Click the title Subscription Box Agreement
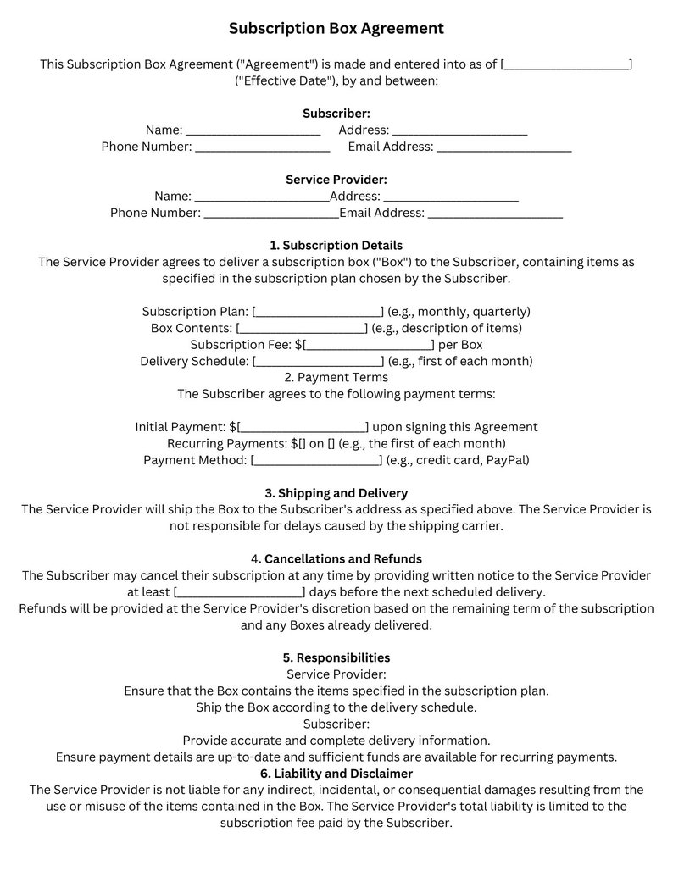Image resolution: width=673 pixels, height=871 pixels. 336,29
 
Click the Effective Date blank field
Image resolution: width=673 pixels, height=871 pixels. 566,64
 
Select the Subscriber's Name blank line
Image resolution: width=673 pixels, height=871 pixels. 253,130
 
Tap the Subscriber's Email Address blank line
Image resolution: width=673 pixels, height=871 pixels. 503,147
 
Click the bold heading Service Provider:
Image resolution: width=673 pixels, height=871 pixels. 336,180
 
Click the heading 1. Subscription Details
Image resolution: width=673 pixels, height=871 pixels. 336,246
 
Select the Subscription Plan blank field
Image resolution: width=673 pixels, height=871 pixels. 318,312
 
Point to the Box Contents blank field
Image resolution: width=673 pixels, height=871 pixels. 302,329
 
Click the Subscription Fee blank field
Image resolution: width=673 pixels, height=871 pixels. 370,345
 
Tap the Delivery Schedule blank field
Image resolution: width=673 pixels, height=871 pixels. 318,362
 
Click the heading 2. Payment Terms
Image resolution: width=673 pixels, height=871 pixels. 336,378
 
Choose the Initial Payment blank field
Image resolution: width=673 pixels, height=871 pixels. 303,428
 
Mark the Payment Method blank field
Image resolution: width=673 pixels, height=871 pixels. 316,461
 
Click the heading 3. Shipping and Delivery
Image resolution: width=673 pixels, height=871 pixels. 336,493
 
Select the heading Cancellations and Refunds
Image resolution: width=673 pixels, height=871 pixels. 342,559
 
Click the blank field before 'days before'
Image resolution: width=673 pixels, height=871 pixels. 239,593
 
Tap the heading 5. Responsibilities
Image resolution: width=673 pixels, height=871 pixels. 336,658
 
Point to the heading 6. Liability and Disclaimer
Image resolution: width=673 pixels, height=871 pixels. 336,774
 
